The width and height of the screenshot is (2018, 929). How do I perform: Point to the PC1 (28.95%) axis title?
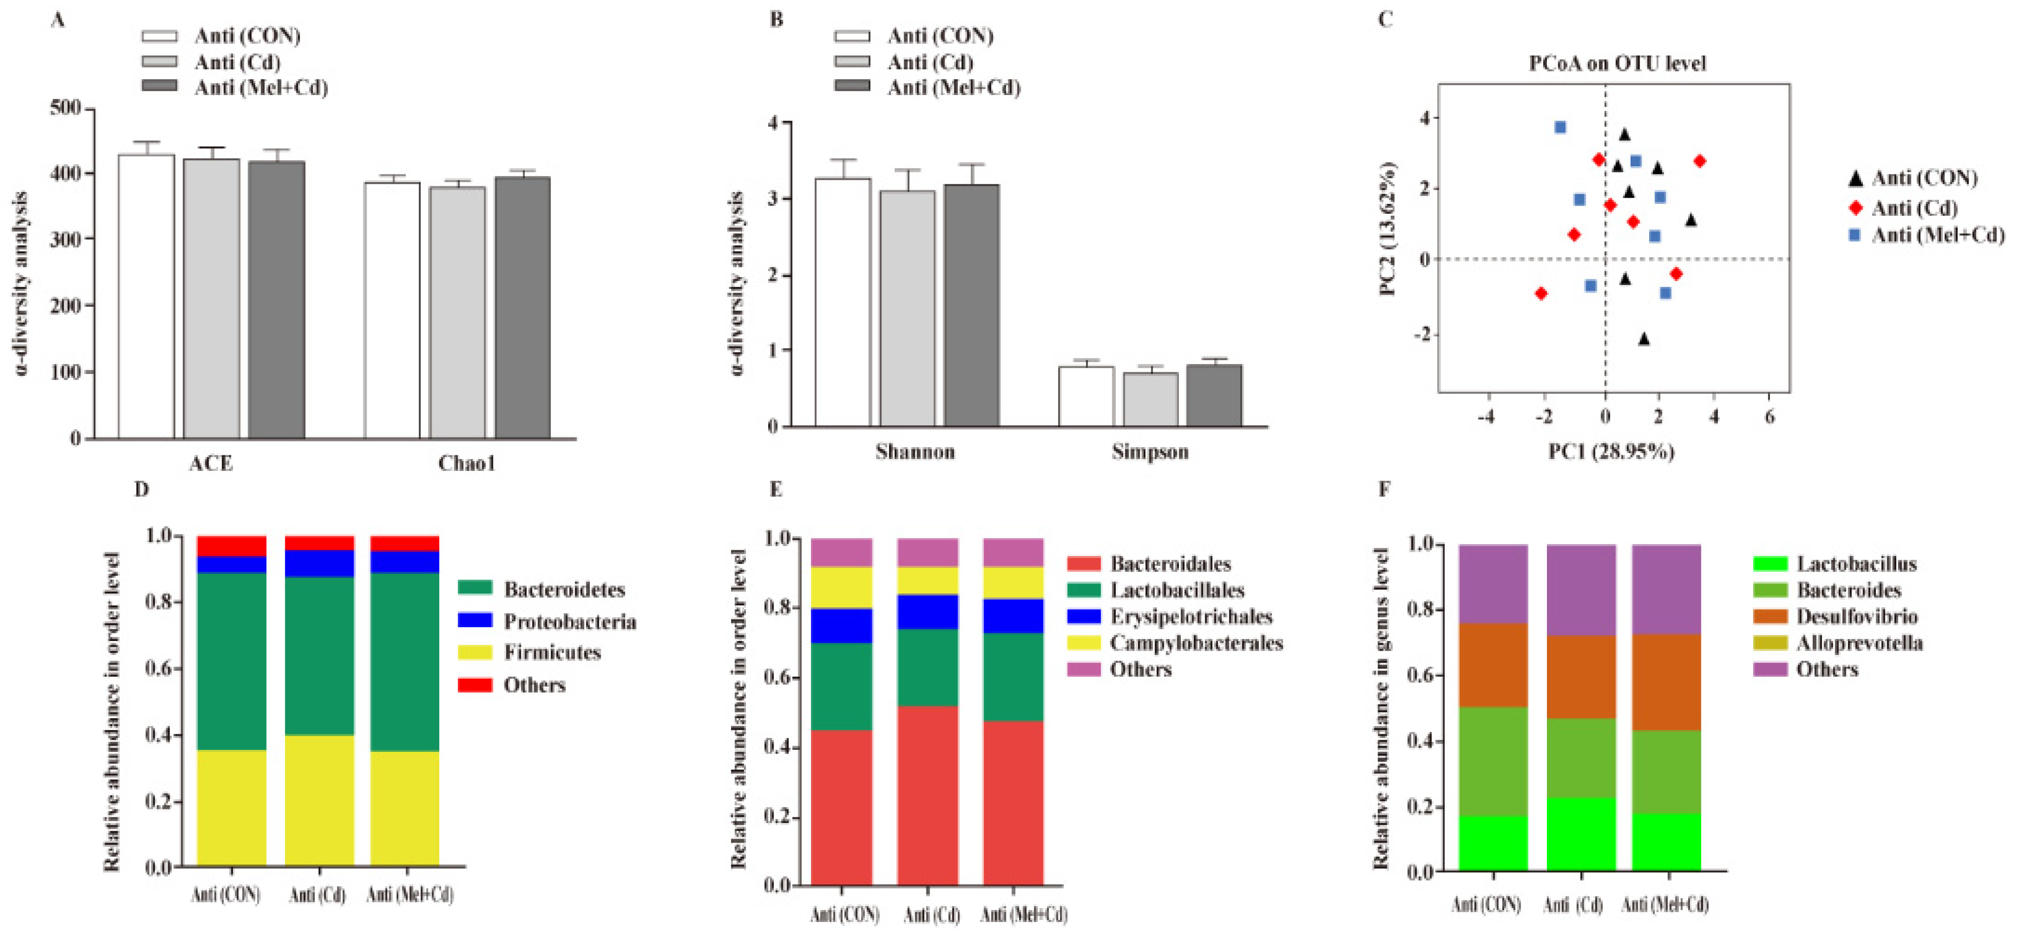click(1611, 452)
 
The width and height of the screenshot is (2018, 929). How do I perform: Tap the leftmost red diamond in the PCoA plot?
click(1541, 294)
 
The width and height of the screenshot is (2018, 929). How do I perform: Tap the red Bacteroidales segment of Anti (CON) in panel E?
click(841, 807)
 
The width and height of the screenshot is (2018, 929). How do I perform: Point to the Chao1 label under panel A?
click(467, 464)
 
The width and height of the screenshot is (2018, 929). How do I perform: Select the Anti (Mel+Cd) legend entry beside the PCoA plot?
click(1937, 235)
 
